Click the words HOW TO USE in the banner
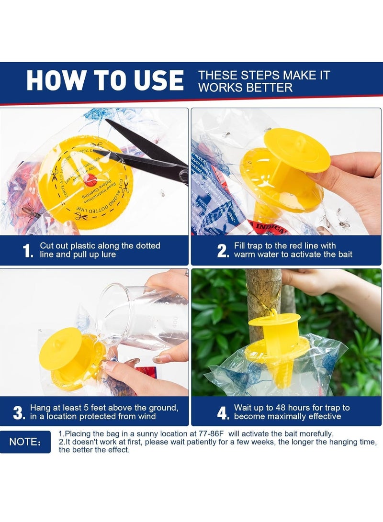click(x=105, y=80)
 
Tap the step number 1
click(x=28, y=251)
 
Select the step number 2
click(x=223, y=251)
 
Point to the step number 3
click(x=19, y=412)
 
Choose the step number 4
click(x=223, y=412)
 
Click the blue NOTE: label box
click(x=25, y=442)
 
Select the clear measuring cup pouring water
click(x=139, y=316)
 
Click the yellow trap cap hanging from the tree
click(x=274, y=319)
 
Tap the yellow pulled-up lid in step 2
click(x=297, y=150)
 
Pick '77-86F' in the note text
click(x=209, y=433)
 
